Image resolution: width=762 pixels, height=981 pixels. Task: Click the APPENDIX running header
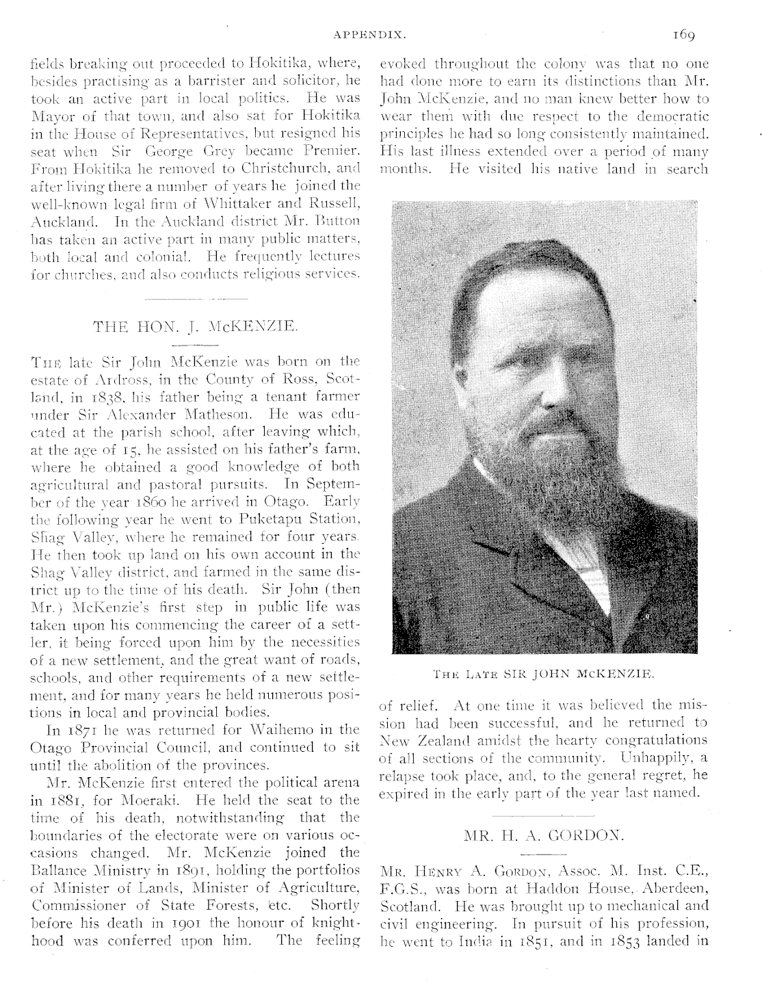coord(371,33)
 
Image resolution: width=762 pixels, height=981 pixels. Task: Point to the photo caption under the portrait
coord(544,673)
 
